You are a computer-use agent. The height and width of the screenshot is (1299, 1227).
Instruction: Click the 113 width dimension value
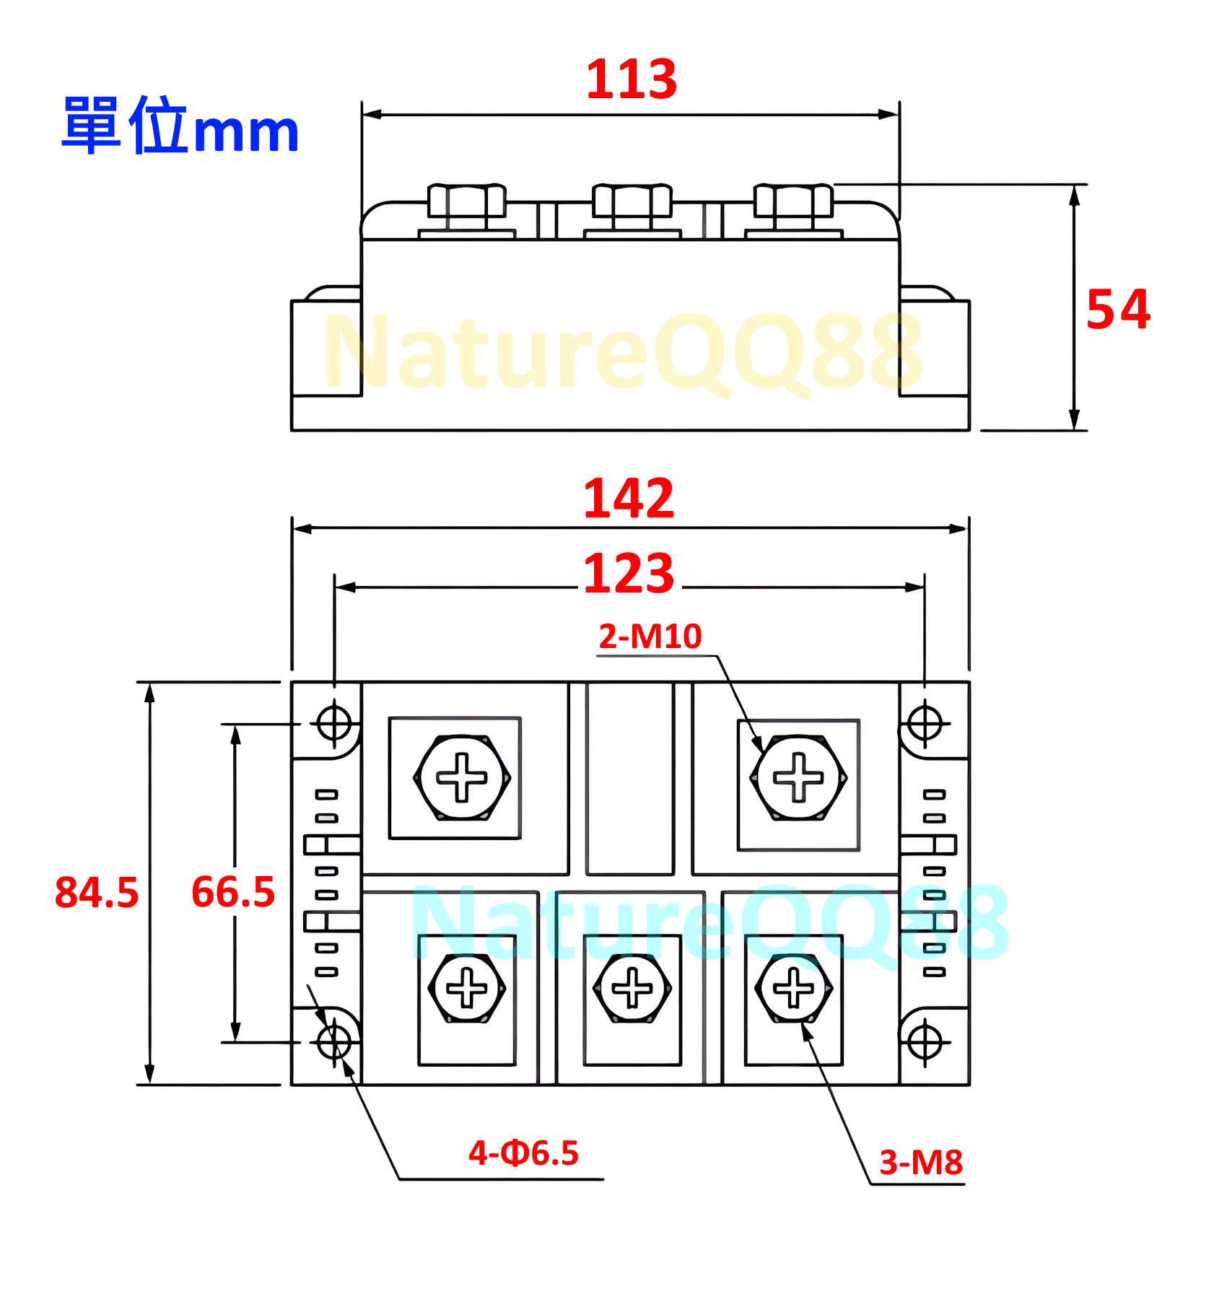pyautogui.click(x=632, y=79)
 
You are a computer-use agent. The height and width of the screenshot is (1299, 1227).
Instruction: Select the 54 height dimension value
pyautogui.click(x=1118, y=310)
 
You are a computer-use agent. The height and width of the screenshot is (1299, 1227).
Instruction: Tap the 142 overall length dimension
pyautogui.click(x=629, y=498)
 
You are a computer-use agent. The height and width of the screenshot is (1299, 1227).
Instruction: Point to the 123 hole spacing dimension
pyautogui.click(x=629, y=574)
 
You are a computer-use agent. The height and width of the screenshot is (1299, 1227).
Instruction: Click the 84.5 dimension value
pyautogui.click(x=97, y=892)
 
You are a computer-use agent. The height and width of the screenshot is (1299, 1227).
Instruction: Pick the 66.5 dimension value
pyautogui.click(x=233, y=892)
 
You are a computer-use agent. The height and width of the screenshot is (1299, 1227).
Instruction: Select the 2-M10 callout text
pyautogui.click(x=650, y=637)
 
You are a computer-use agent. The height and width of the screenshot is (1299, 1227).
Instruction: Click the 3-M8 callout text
pyautogui.click(x=921, y=1163)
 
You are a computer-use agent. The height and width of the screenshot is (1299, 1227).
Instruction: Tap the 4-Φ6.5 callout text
pyautogui.click(x=523, y=1153)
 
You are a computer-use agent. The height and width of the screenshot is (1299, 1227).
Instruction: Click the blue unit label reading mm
pyautogui.click(x=246, y=134)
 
